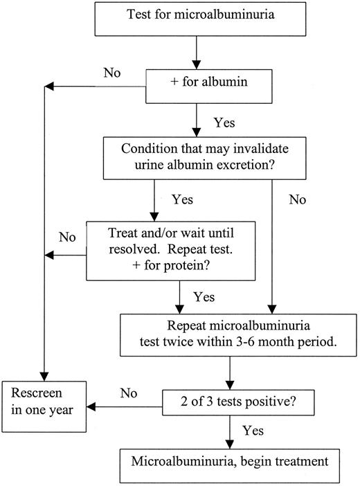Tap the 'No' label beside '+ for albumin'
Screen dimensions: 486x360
point(113,71)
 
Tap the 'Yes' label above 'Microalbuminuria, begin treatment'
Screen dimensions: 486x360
point(253,431)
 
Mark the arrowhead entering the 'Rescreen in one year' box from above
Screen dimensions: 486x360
point(44,374)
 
